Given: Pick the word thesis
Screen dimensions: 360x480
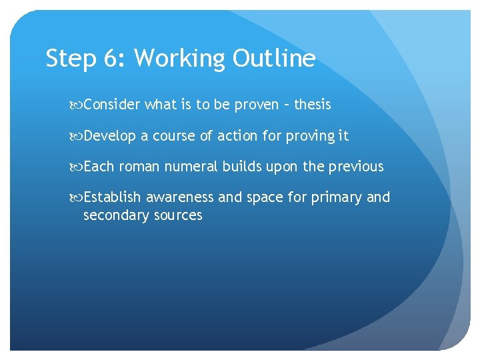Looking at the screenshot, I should [x=312, y=105].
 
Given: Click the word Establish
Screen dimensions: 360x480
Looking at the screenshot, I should [x=113, y=197].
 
